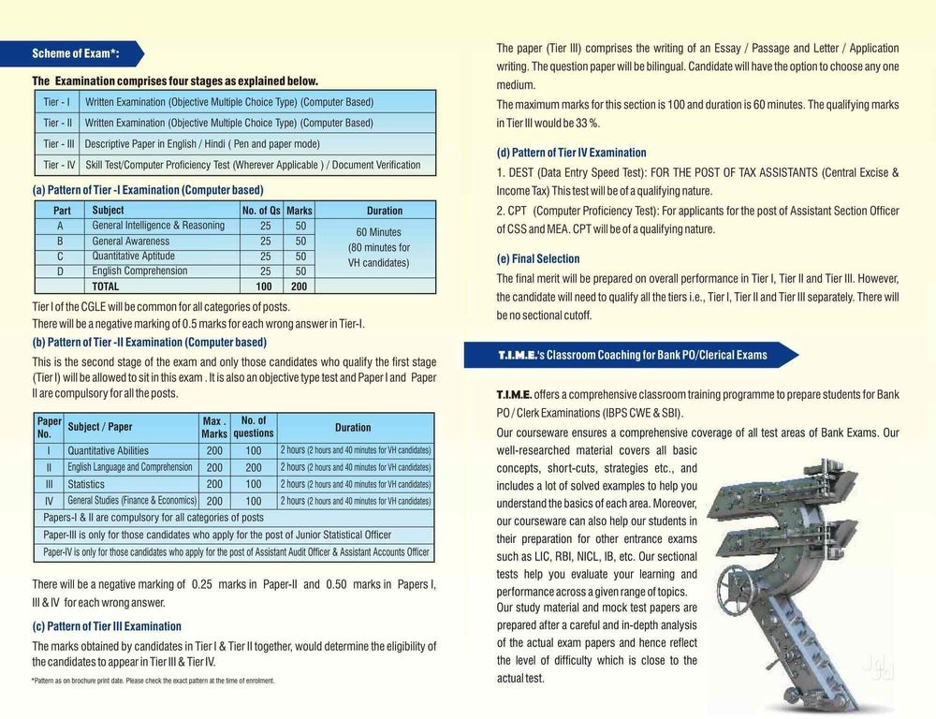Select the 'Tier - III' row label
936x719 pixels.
[x=59, y=144]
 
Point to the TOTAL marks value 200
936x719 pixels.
[x=299, y=286]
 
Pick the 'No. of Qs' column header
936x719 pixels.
[x=262, y=211]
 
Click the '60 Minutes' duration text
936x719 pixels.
[x=378, y=232]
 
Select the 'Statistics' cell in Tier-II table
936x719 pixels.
[x=86, y=484]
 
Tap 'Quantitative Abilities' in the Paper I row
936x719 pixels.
[x=108, y=450]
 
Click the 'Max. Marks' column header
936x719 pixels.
[x=214, y=428]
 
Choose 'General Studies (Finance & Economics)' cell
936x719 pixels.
[x=132, y=501]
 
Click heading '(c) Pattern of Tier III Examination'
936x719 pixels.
[x=107, y=626]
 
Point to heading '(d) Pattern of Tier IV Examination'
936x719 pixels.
[x=571, y=153]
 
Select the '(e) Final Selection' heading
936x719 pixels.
[x=538, y=258]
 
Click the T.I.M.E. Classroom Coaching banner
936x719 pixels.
[x=632, y=355]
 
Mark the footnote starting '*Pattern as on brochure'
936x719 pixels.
[x=153, y=681]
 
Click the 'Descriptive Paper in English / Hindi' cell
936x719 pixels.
[x=202, y=144]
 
